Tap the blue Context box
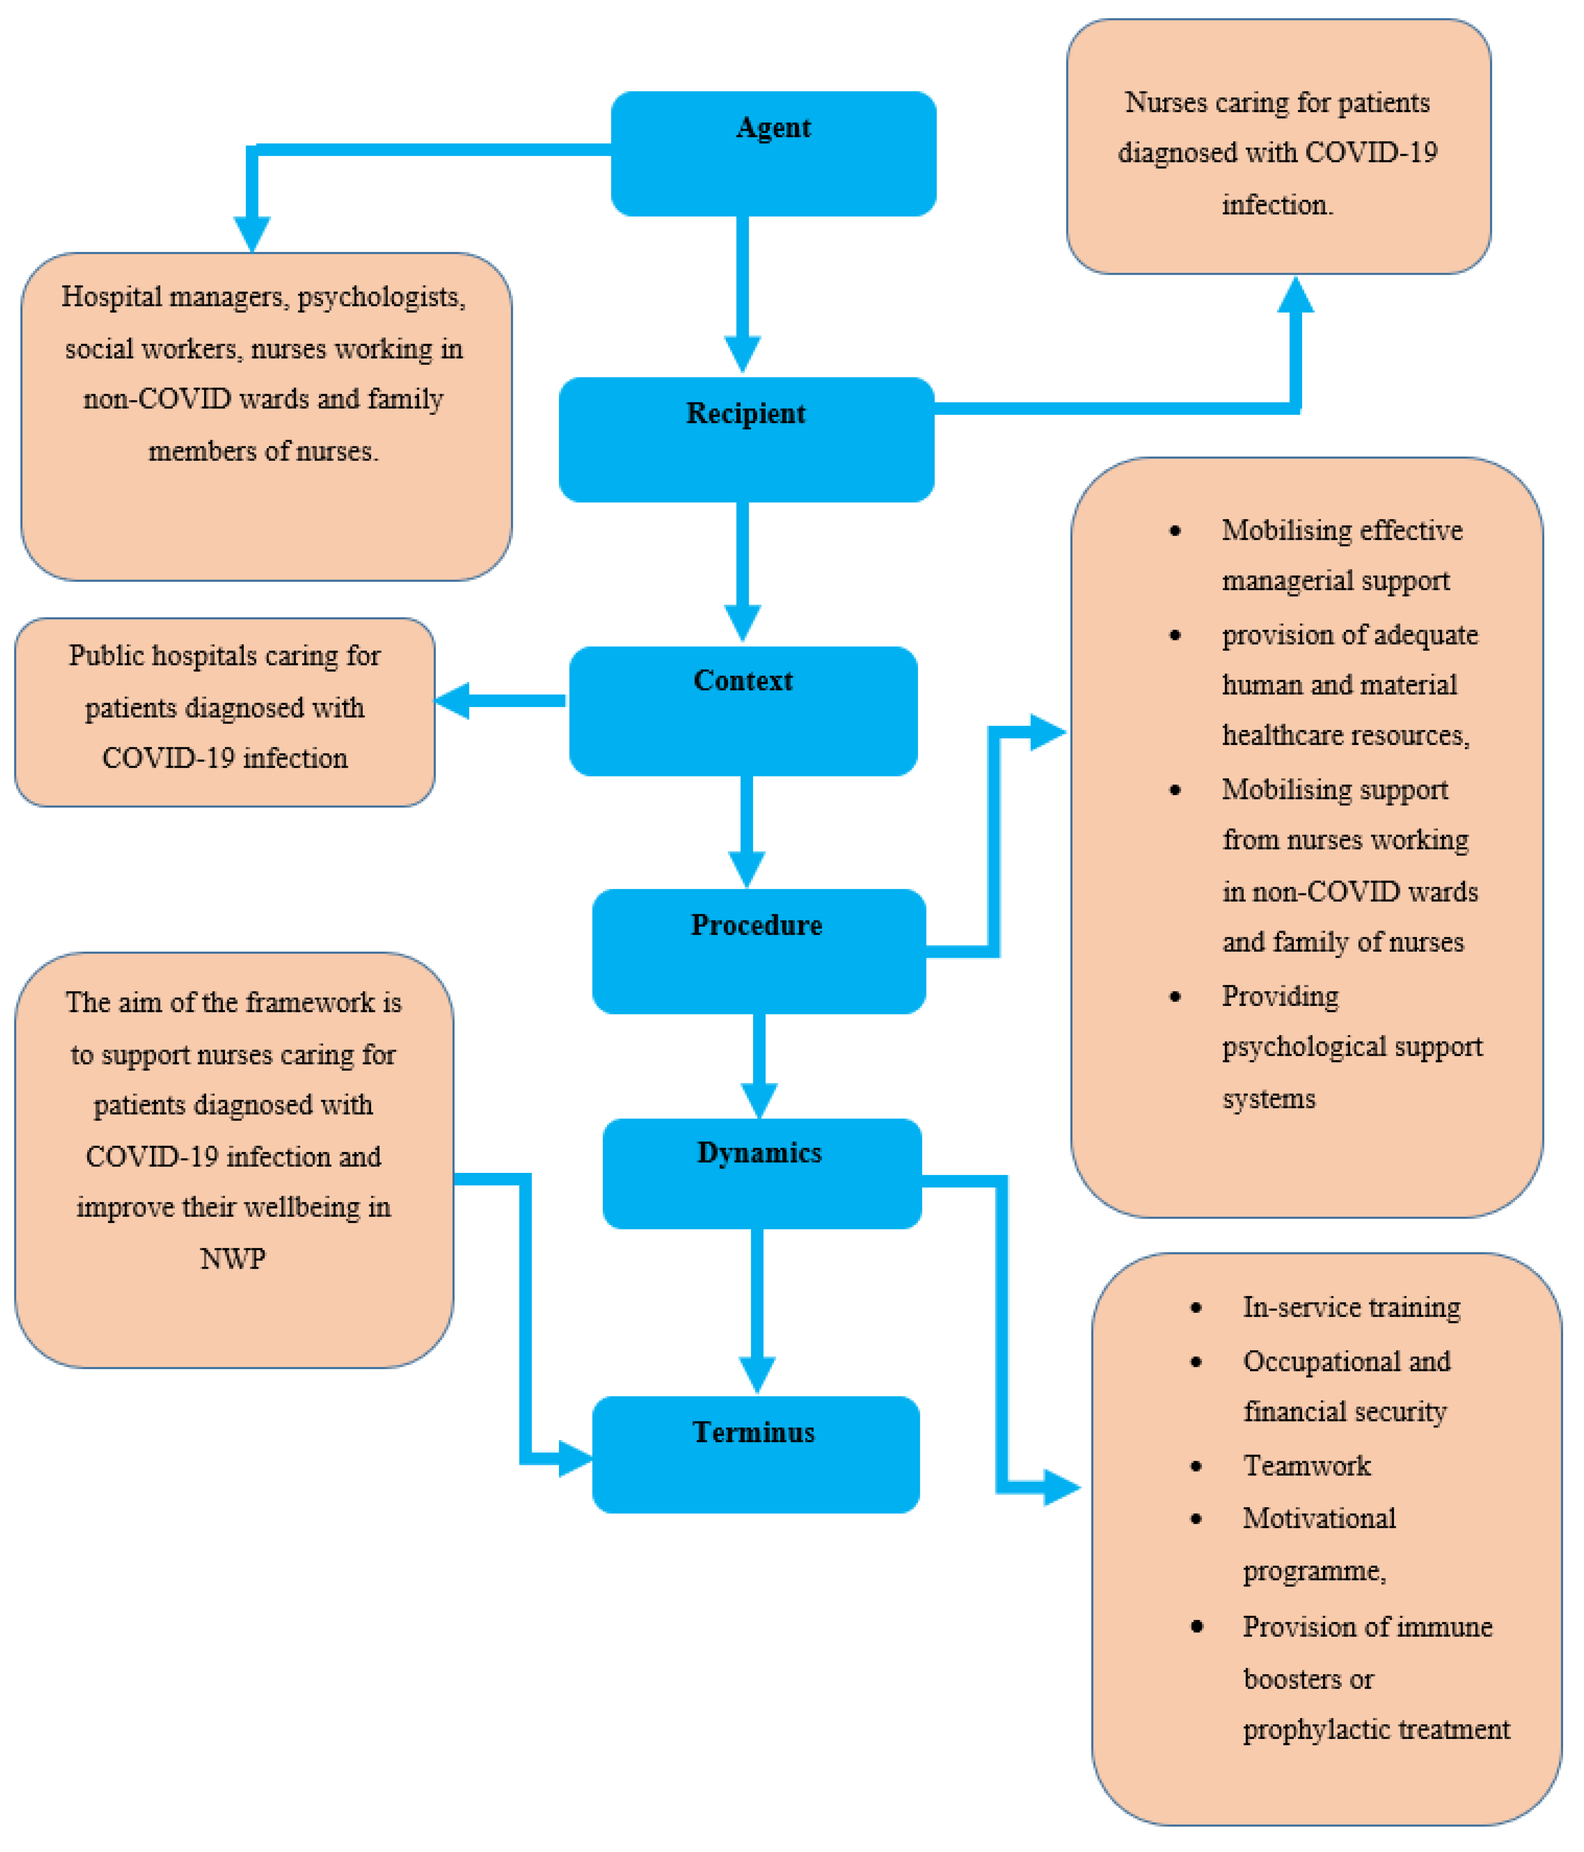tap(743, 711)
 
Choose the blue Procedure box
tap(758, 951)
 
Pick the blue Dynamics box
tap(761, 1174)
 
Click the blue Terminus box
tap(755, 1454)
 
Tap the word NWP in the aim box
tap(232, 1259)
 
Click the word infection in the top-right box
tap(1277, 205)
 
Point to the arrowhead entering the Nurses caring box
tap(1295, 295)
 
